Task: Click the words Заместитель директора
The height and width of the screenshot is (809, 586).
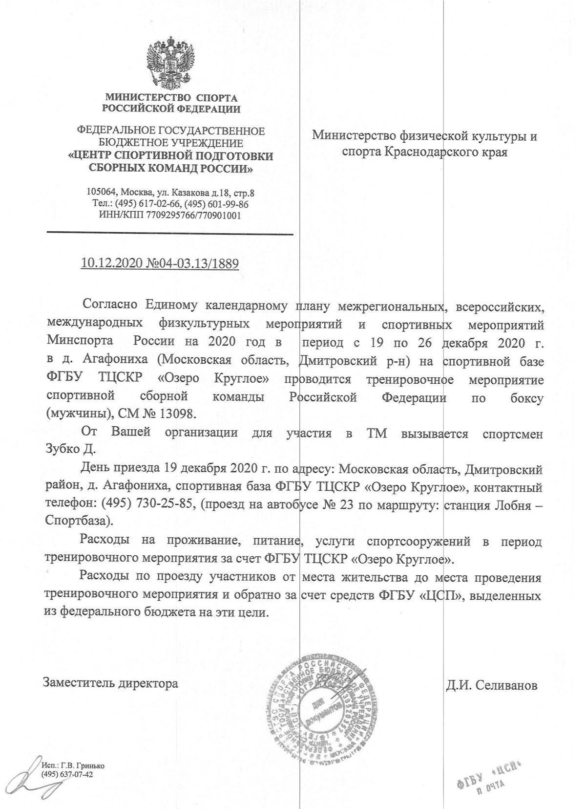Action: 110,683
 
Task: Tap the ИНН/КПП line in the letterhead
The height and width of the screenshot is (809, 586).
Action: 169,215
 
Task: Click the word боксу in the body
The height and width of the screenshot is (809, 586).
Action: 525,398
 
